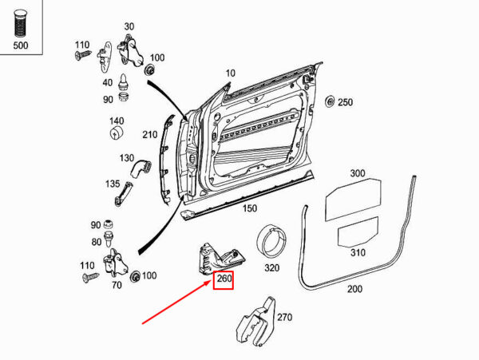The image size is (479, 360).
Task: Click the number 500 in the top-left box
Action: coord(20,45)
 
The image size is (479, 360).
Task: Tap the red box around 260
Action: coord(223,279)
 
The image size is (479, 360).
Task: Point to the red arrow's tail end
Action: coord(144,323)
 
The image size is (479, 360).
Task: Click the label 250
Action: coord(344,102)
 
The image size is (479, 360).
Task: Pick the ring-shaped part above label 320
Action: coord(272,239)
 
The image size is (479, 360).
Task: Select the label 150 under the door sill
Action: coord(250,208)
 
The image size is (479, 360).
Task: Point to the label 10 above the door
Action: coord(230,73)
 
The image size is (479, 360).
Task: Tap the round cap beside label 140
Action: coord(117,130)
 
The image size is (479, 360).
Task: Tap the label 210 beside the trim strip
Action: coord(150,134)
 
